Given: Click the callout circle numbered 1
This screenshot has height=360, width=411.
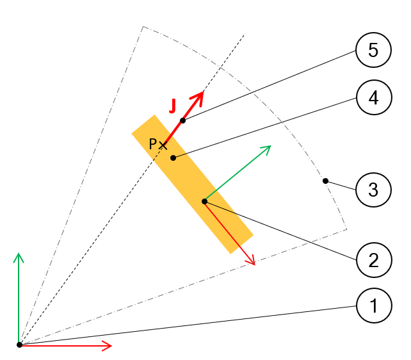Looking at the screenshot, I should click(x=373, y=306).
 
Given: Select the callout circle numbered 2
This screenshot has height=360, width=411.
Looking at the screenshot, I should click(x=373, y=260).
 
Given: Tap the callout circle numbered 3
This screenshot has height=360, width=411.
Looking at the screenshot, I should click(x=373, y=189).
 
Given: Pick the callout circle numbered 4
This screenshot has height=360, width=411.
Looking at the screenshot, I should click(x=373, y=97).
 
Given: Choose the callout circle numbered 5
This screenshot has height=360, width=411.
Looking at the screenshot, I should click(x=373, y=51).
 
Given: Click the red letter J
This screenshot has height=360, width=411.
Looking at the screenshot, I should click(x=172, y=106).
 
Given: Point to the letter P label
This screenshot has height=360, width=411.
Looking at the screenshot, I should click(x=152, y=144).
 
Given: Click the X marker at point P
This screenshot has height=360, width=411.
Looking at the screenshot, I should click(x=163, y=145).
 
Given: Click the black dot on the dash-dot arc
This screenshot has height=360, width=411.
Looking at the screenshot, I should click(x=325, y=181).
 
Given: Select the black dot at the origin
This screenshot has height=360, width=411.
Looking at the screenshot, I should click(x=19, y=345).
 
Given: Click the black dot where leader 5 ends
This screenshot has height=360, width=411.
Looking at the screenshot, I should click(x=182, y=120).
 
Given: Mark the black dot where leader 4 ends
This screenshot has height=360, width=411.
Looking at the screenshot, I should click(x=173, y=158).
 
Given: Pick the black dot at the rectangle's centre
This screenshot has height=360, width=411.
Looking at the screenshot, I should click(x=204, y=201).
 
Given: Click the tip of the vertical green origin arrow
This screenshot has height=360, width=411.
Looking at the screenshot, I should click(x=19, y=254).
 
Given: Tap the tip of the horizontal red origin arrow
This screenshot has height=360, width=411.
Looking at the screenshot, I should click(x=111, y=345).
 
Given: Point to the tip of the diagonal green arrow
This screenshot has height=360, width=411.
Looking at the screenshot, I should click(x=270, y=146).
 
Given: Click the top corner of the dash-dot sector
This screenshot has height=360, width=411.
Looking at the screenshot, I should click(x=143, y=27).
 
